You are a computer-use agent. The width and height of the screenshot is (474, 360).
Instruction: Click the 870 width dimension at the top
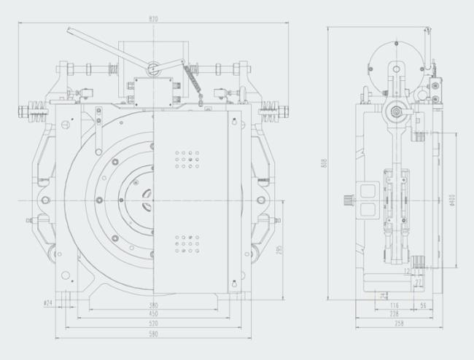pyautogui.click(x=152, y=17)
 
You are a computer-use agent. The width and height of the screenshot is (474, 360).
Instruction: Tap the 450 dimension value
pyautogui.click(x=153, y=313)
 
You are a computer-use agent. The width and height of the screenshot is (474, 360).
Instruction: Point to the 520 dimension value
pyautogui.click(x=153, y=322)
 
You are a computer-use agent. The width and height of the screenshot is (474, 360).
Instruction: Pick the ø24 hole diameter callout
pyautogui.click(x=48, y=301)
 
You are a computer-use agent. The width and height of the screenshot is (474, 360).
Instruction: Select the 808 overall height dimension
pyautogui.click(x=323, y=164)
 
